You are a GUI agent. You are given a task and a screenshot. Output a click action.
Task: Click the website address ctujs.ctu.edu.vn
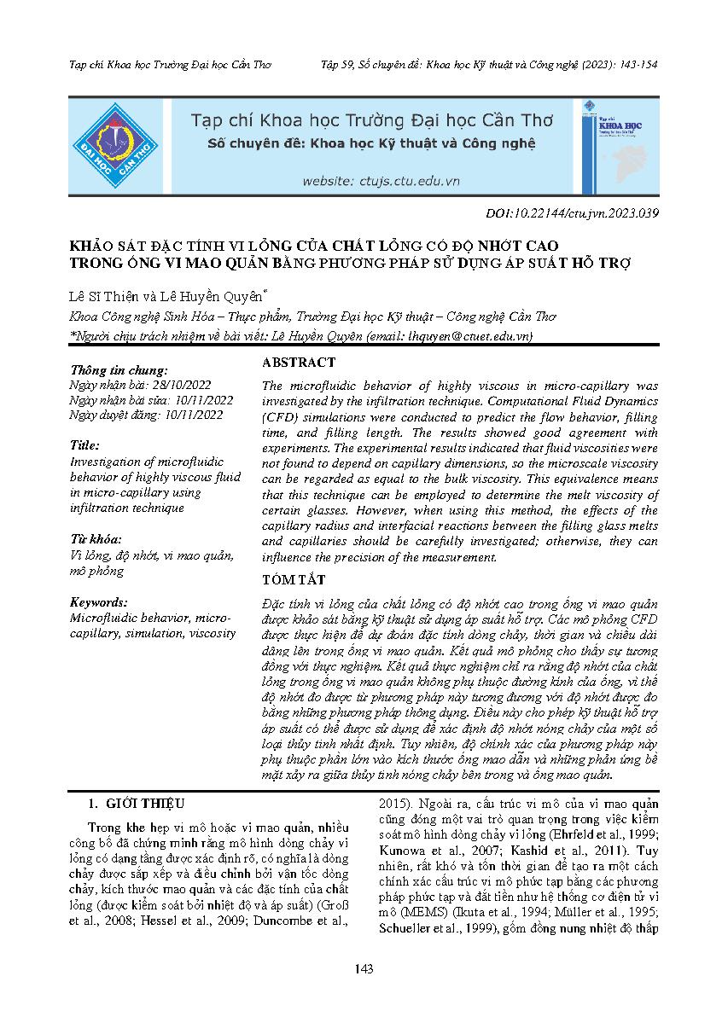(x=381, y=181)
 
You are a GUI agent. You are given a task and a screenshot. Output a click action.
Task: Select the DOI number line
(x=571, y=213)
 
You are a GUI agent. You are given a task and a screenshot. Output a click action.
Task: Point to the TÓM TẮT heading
(x=294, y=580)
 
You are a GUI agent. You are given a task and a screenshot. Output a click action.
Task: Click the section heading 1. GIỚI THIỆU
(x=137, y=804)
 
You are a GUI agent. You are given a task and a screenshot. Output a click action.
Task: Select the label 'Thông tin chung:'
(x=119, y=370)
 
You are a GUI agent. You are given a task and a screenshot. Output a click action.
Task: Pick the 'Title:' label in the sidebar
(x=84, y=445)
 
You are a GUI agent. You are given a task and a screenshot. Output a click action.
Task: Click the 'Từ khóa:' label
(x=96, y=539)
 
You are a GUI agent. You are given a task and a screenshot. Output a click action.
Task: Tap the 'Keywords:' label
(x=99, y=601)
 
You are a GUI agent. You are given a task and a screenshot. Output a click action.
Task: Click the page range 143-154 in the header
(x=635, y=64)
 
